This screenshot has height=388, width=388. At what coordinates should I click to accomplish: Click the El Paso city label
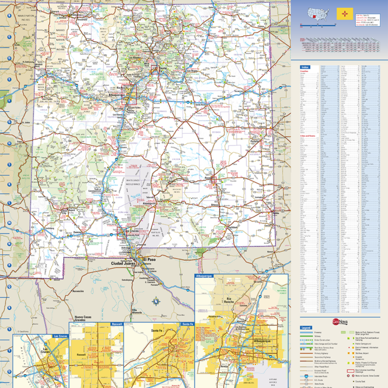[150, 259]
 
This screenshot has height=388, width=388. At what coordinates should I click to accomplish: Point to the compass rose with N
[154, 302]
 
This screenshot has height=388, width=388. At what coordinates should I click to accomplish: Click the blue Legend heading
[306, 328]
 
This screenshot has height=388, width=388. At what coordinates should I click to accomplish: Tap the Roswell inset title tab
[117, 324]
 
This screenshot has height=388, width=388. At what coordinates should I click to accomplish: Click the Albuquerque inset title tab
[204, 276]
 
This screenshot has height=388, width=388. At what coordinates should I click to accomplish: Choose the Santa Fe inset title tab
[187, 324]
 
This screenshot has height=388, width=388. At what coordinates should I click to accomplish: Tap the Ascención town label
[78, 291]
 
